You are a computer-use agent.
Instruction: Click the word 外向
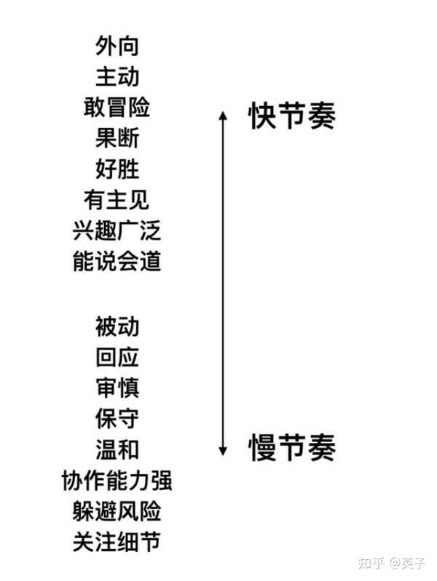[117, 46]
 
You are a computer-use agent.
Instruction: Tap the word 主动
[117, 76]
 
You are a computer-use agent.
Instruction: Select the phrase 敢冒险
[117, 107]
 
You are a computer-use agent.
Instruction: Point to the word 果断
[117, 137]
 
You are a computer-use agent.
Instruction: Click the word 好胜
[117, 169]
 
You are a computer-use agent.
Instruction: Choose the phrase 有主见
[117, 199]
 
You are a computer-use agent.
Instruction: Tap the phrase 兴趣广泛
[117, 231]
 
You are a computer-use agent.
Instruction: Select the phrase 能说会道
[117, 261]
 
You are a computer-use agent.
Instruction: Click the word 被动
[117, 326]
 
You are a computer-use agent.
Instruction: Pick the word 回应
[117, 357]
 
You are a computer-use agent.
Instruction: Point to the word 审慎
[117, 388]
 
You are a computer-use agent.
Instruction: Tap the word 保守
[117, 419]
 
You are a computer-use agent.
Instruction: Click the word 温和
[117, 449]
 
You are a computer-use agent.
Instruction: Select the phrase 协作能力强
[117, 481]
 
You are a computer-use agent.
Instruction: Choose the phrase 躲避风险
[117, 511]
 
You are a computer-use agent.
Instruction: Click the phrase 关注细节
[117, 542]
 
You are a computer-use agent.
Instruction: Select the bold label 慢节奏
[291, 447]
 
